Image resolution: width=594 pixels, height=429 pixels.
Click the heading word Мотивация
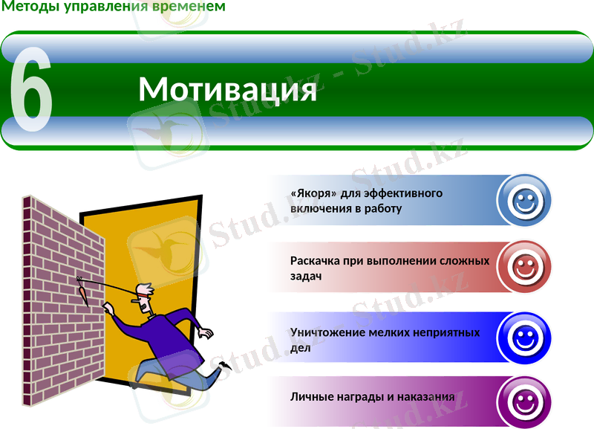pyautogui.click(x=227, y=90)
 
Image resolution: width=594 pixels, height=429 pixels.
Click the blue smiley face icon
pyautogui.click(x=524, y=200)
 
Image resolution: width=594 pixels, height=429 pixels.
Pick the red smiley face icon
pyautogui.click(x=524, y=267)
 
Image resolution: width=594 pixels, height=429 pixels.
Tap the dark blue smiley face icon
pyautogui.click(x=524, y=338)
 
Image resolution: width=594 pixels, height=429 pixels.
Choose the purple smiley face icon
pyautogui.click(x=524, y=403)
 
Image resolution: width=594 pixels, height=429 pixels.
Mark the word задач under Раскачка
pyautogui.click(x=305, y=276)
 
